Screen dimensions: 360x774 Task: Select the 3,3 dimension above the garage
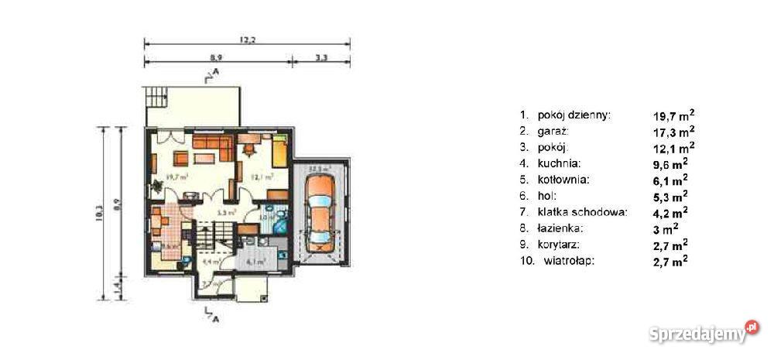[320, 57]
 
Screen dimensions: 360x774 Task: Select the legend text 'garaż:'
[553, 132]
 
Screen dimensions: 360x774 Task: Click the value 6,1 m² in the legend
[670, 180]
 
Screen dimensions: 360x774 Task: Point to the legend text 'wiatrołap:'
[568, 261]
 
